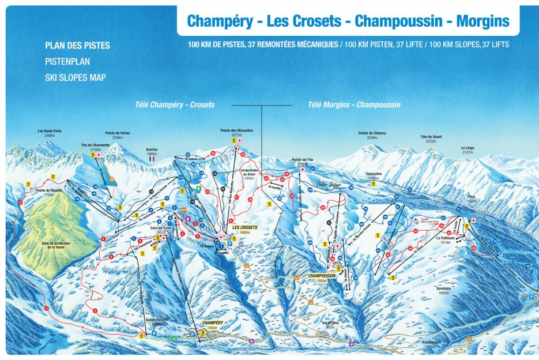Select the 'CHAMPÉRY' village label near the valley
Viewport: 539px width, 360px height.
[212, 324]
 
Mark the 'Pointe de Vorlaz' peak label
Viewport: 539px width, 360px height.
[118, 134]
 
